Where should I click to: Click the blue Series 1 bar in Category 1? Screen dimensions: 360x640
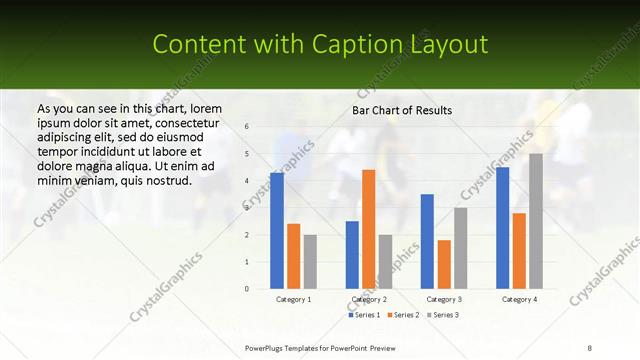tap(277, 231)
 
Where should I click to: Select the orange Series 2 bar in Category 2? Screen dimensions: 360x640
tap(368, 229)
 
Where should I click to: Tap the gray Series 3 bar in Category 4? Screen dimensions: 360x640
tap(536, 221)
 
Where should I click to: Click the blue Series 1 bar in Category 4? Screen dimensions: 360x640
tap(502, 228)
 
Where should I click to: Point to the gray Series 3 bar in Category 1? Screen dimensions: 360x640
tap(310, 262)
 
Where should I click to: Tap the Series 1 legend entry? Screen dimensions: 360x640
tap(365, 315)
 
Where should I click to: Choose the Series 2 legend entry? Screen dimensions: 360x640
tap(403, 315)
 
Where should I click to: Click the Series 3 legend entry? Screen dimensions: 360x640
tap(441, 315)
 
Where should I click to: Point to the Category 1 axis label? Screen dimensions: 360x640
tap(293, 299)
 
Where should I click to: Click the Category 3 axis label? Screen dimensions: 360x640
tap(444, 299)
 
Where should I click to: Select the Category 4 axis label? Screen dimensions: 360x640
tap(519, 299)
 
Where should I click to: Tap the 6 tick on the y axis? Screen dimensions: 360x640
tap(247, 127)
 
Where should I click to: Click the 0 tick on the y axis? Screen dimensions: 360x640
tap(247, 289)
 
